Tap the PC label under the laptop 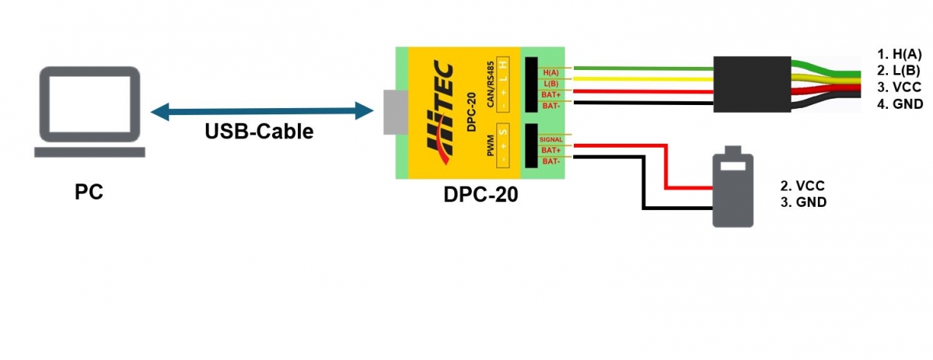89,191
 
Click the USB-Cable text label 259,131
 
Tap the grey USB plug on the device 393,110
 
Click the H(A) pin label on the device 550,72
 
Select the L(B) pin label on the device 550,82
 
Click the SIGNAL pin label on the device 550,139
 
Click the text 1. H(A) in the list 899,54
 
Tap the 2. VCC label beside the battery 802,186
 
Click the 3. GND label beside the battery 803,202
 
